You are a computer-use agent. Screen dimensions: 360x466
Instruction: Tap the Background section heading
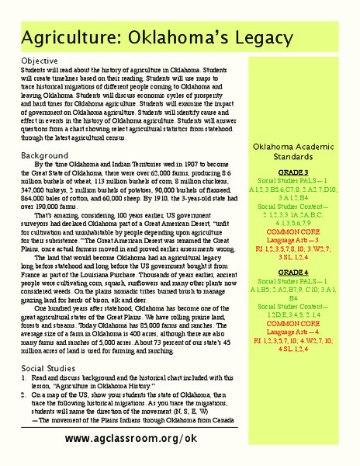coord(43,155)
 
